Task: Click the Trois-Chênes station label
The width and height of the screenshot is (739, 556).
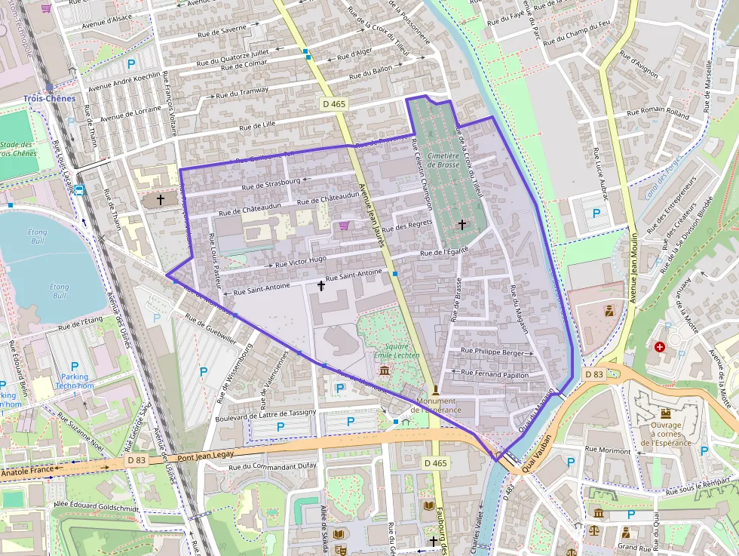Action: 49,99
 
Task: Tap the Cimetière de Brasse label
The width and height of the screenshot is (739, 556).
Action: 443,159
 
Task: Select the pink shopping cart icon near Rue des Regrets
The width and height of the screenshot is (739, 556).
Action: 344,226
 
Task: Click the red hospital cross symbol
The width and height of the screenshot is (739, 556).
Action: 661,347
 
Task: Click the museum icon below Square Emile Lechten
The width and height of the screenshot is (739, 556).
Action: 385,370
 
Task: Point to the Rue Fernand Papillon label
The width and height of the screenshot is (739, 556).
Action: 495,373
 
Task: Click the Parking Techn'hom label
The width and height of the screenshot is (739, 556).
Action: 75,382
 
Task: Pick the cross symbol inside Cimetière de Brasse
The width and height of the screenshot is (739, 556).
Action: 462,224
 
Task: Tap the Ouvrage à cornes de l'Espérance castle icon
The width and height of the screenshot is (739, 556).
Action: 666,413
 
